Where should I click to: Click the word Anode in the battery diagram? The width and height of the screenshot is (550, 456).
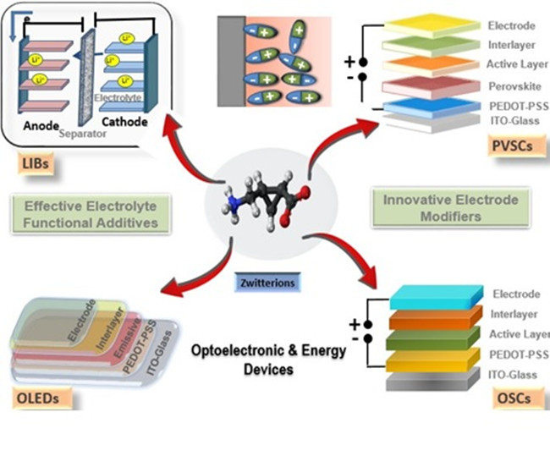[x=41, y=124]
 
